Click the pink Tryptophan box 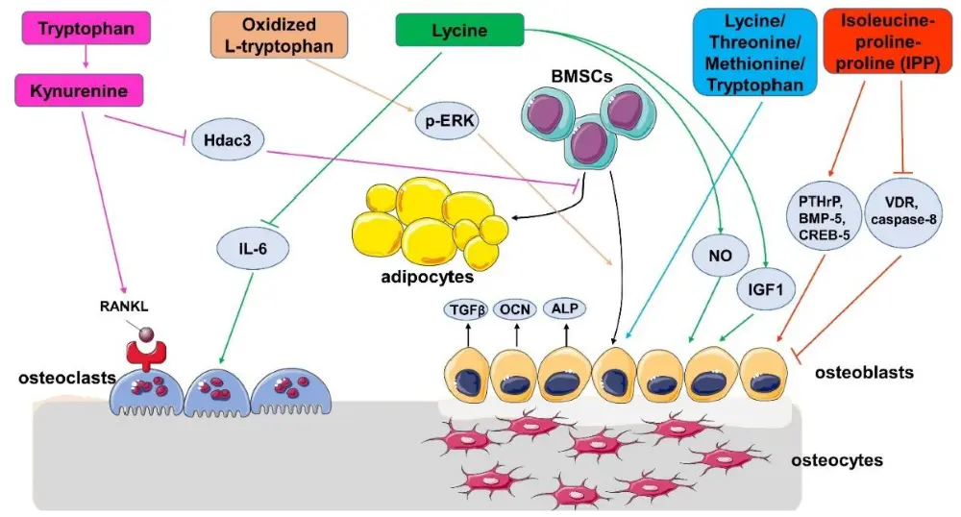[86, 30]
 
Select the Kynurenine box [86, 92]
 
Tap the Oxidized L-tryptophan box [279, 37]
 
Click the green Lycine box [459, 30]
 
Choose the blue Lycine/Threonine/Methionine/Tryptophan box [754, 54]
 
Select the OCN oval [517, 308]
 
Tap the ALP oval [565, 308]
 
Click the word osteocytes [836, 460]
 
